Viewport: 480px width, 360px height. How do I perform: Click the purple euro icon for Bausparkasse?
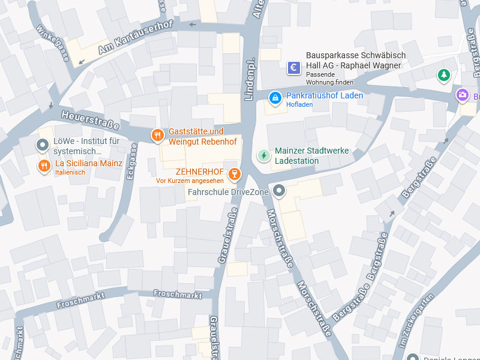coord(294,68)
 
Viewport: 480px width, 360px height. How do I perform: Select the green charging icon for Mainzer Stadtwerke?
coord(263,155)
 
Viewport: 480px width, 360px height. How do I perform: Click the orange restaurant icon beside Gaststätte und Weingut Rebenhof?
coord(157,136)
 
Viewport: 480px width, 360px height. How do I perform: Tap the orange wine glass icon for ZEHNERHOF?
coord(235,175)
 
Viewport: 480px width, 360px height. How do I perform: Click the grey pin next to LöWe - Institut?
coord(43,145)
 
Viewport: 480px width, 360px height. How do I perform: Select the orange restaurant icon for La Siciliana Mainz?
coord(44,166)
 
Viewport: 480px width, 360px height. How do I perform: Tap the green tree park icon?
coord(443,75)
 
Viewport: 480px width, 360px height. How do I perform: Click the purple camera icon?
coord(462,95)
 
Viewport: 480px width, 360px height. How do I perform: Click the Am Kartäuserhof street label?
coord(135,38)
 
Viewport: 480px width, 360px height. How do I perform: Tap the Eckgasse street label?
coord(133,163)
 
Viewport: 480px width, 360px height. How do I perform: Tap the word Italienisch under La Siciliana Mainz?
coord(70,173)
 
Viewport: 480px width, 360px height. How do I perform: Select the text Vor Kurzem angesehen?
coord(190,181)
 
